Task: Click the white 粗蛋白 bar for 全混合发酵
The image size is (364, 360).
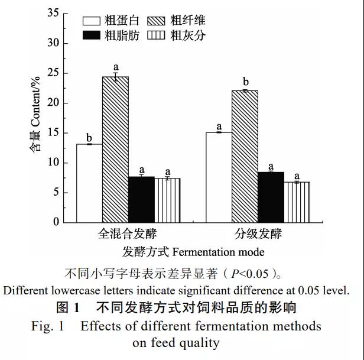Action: [x=89, y=183]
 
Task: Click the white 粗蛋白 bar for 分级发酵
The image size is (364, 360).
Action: [x=219, y=177]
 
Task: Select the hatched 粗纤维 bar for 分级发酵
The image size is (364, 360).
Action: [x=245, y=156]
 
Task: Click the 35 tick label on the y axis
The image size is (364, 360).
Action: [x=53, y=13]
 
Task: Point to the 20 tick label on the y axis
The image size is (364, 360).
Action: [x=53, y=103]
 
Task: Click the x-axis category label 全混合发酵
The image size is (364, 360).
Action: [x=128, y=233]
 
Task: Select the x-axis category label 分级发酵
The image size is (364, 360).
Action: [x=258, y=233]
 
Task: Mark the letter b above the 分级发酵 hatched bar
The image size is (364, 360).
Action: [x=245, y=82]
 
